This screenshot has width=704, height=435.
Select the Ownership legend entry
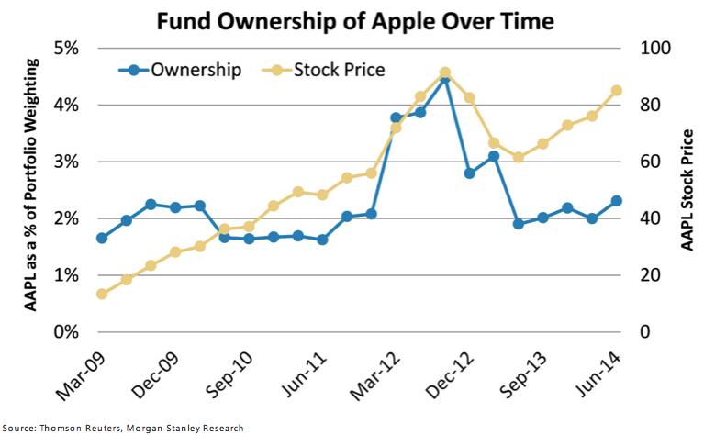click(x=180, y=70)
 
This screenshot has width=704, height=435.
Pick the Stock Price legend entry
click(x=323, y=70)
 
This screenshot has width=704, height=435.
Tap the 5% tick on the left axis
click(x=66, y=48)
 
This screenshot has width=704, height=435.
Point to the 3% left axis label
click(x=66, y=162)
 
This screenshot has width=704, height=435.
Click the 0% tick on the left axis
click(x=66, y=332)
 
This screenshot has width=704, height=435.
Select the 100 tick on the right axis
click(x=654, y=48)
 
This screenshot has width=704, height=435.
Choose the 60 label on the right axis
click(x=650, y=162)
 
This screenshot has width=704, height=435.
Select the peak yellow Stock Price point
click(x=445, y=72)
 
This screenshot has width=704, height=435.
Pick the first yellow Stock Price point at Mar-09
click(x=102, y=294)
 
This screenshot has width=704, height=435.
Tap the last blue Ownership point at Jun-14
click(x=617, y=201)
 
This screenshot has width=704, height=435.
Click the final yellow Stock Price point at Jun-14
click(x=617, y=91)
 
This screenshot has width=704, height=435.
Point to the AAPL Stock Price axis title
click(x=687, y=190)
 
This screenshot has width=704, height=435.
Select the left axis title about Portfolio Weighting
click(x=30, y=184)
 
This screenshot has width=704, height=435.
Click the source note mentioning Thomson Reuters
click(x=123, y=428)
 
